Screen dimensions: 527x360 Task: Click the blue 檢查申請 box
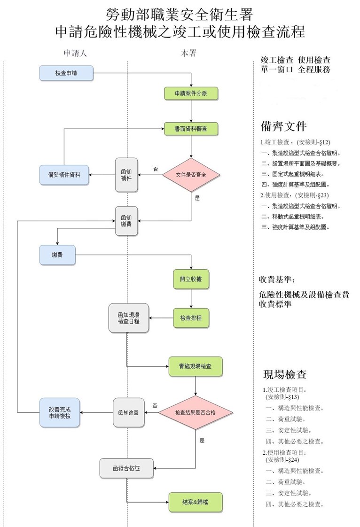click(x=66, y=73)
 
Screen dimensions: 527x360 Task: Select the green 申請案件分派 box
click(x=191, y=93)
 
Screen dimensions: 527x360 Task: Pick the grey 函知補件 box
click(x=126, y=175)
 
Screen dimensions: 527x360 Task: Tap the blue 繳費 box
click(x=57, y=255)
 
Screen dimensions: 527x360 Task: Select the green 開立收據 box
click(x=191, y=279)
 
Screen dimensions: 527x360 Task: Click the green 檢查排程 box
click(x=191, y=318)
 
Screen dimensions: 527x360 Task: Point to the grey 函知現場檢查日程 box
click(x=126, y=318)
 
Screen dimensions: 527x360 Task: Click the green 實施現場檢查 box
click(x=195, y=366)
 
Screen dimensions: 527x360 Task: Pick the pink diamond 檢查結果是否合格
click(x=195, y=412)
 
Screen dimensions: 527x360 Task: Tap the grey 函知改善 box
click(x=128, y=412)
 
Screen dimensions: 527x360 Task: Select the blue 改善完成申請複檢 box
click(x=60, y=412)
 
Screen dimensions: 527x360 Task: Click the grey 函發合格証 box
click(x=126, y=468)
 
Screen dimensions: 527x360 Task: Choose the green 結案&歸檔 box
click(x=195, y=502)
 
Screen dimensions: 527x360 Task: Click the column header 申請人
click(x=76, y=53)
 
